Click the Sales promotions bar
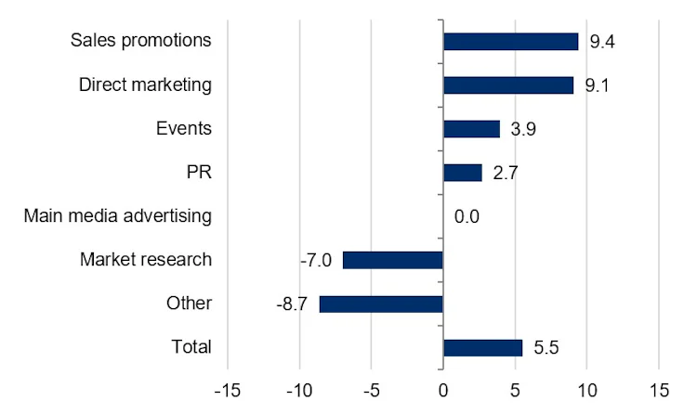click(510, 41)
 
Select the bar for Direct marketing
click(508, 85)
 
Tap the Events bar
click(471, 129)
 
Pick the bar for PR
click(463, 173)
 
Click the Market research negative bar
click(393, 260)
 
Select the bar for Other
click(381, 304)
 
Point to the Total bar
click(482, 347)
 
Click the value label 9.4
click(601, 42)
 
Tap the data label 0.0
click(467, 217)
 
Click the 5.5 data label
click(546, 348)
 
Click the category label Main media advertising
click(118, 216)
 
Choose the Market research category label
click(146, 260)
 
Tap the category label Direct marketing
click(146, 85)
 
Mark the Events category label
click(184, 129)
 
